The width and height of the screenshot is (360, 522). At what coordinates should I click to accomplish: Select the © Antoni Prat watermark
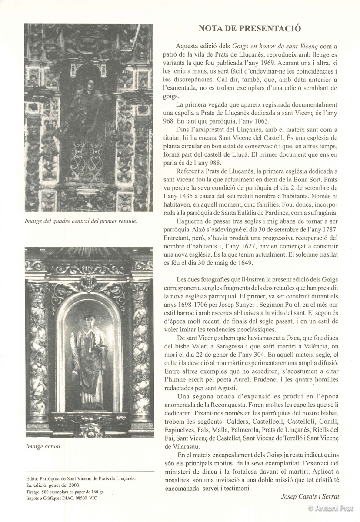coord(331,508)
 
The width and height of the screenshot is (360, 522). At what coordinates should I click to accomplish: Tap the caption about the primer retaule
coord(81,221)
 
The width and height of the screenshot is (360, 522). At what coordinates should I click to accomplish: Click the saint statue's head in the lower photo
coord(89,320)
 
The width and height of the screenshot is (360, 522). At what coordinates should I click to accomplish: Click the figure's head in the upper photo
coord(89,83)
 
